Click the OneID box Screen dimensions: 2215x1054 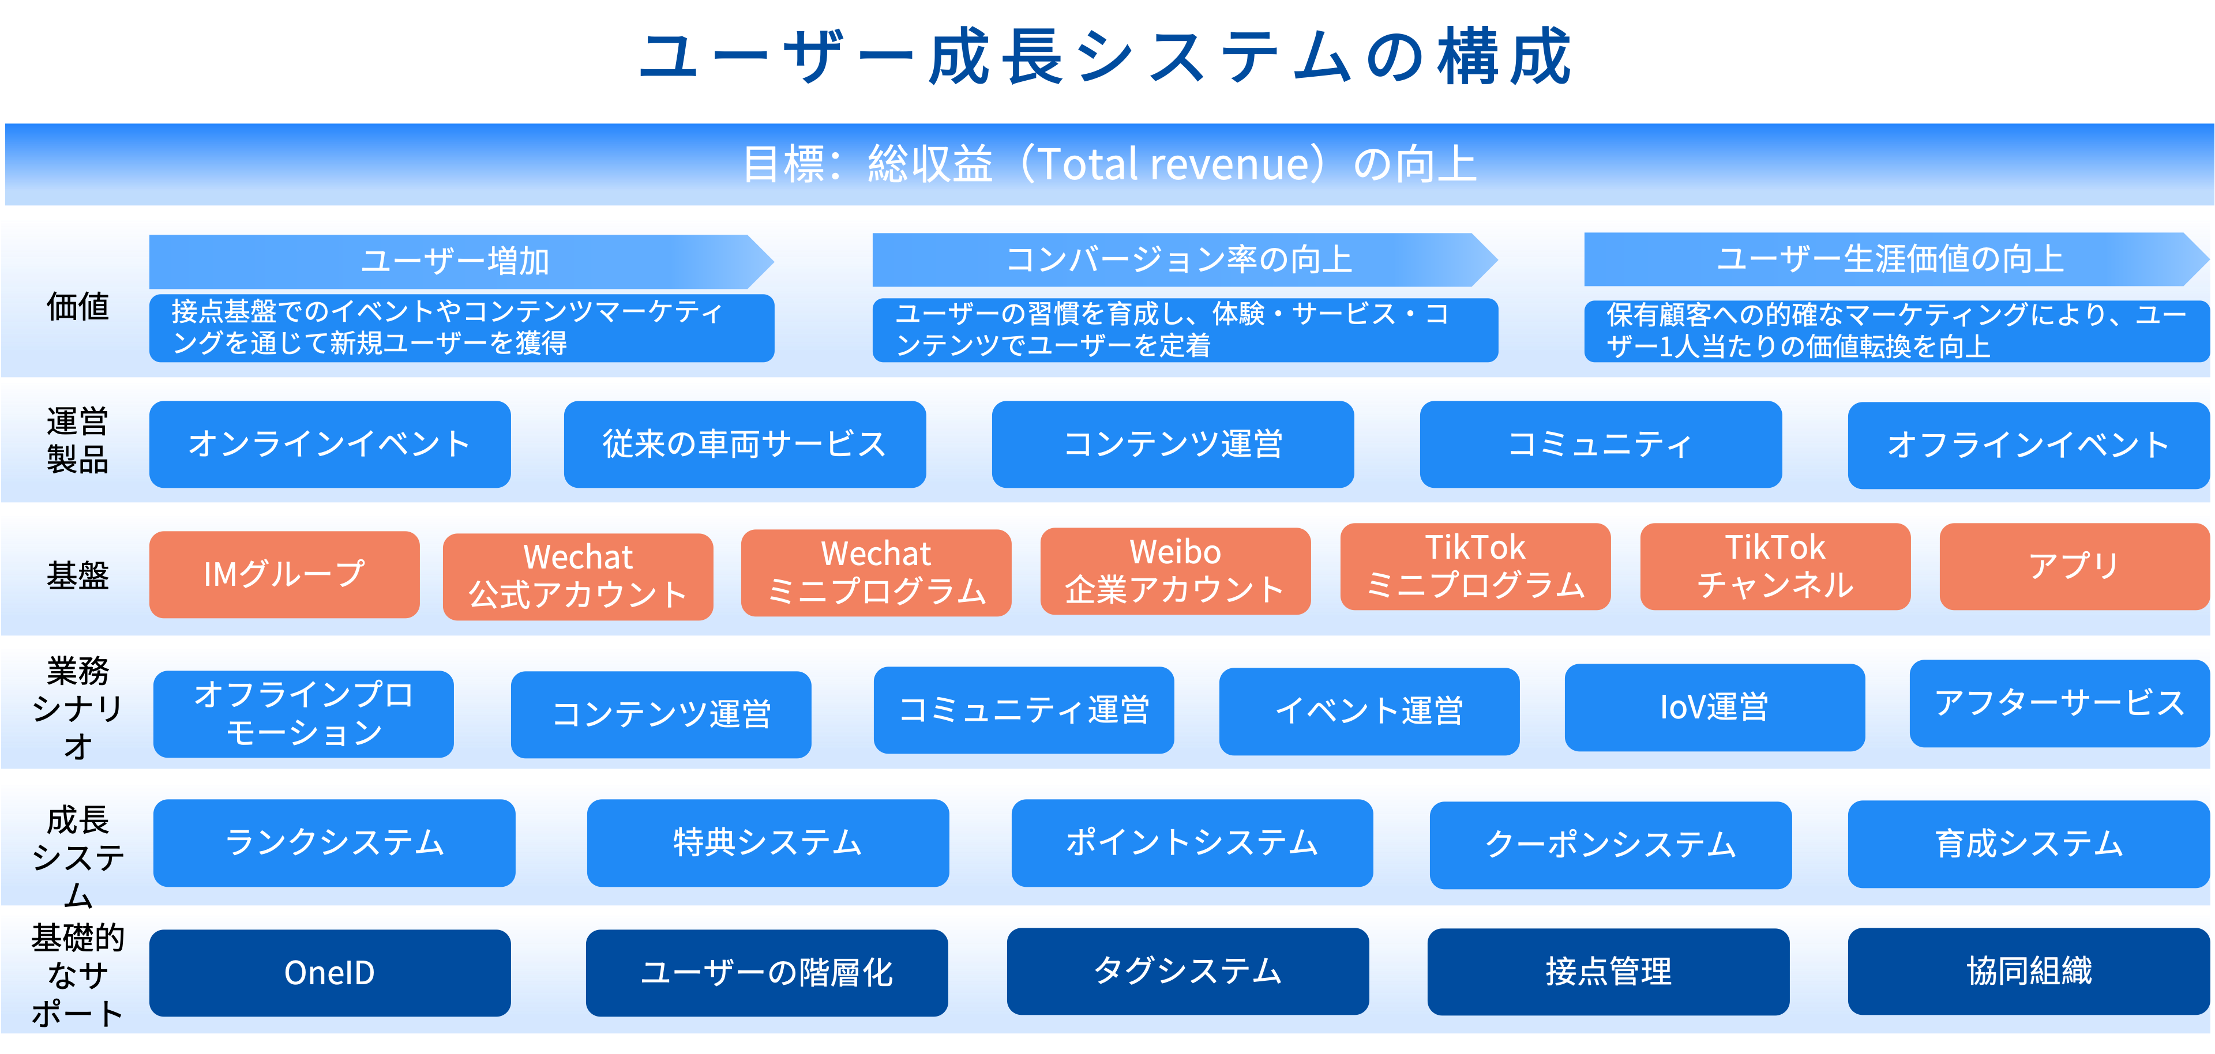[x=330, y=972]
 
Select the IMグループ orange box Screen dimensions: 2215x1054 [x=284, y=574]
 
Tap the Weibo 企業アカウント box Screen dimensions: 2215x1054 [x=1176, y=571]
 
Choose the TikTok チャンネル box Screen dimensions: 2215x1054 [x=1775, y=567]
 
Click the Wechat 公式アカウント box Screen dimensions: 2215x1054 [x=578, y=577]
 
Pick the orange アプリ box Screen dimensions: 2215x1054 [x=2075, y=567]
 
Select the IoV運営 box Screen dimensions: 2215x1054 [x=1714, y=707]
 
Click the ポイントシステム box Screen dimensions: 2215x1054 [x=1192, y=842]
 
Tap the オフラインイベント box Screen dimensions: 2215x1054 [x=2029, y=445]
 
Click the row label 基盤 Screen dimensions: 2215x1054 [x=77, y=575]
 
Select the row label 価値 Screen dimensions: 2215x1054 [x=77, y=307]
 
